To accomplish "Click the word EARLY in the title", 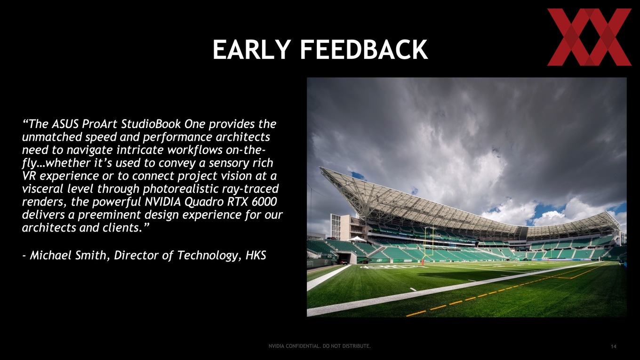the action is click(x=252, y=49).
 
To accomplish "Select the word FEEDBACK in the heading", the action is click(x=363, y=49).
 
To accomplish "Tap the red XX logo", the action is click(x=589, y=37).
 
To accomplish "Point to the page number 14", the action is click(x=614, y=346).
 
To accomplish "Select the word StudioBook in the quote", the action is click(x=151, y=124).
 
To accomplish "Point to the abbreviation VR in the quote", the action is click(x=29, y=176).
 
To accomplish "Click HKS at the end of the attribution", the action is click(x=256, y=255).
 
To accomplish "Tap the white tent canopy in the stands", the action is click(x=356, y=239).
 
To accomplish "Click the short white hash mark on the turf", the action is click(x=413, y=289).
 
